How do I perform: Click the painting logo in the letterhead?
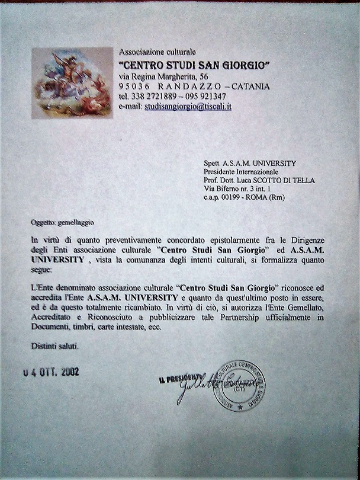coord(72,83)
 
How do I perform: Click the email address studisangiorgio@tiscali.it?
coord(188,107)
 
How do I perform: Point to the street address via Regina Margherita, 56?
coord(163,76)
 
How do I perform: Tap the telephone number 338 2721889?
coord(153,97)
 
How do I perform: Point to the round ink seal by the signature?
coord(239,386)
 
